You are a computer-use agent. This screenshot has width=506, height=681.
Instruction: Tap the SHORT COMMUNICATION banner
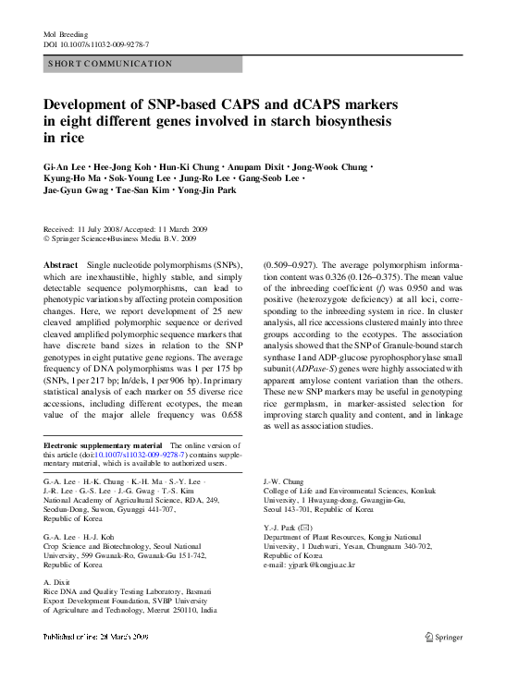click(x=142, y=64)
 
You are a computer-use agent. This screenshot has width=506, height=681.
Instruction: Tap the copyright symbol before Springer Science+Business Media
click(x=48, y=238)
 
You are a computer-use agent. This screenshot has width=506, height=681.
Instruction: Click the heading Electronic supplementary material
click(x=102, y=446)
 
